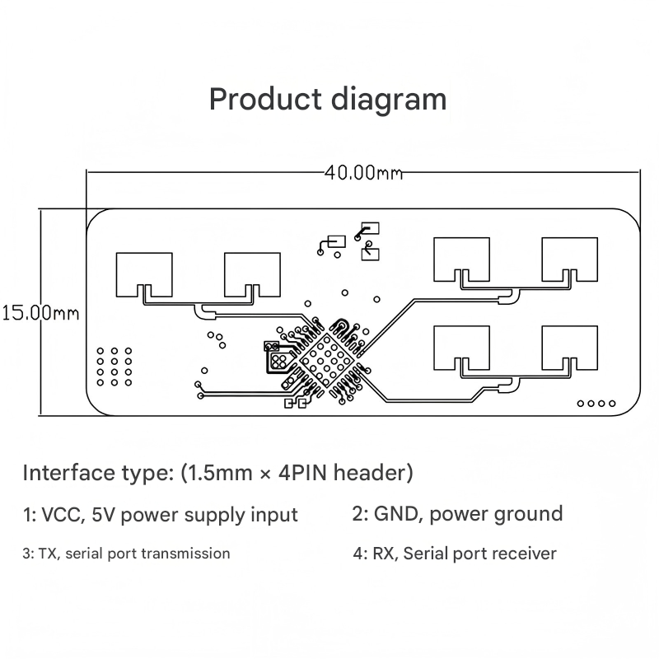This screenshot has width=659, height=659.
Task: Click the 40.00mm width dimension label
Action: (363, 172)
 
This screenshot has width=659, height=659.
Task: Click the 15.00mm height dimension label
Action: (40, 313)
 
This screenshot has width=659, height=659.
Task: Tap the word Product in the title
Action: (265, 99)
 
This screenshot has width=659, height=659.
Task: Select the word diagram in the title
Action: (389, 100)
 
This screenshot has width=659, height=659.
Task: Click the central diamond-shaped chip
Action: (327, 360)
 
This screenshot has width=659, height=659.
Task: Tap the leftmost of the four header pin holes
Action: (581, 404)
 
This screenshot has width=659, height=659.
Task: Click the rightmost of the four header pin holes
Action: (612, 404)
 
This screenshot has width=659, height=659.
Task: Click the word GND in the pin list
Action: (396, 514)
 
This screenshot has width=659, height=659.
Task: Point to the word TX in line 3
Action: (47, 554)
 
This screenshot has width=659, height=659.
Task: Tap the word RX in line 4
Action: (382, 554)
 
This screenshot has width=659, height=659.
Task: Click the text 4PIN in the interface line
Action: (302, 473)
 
